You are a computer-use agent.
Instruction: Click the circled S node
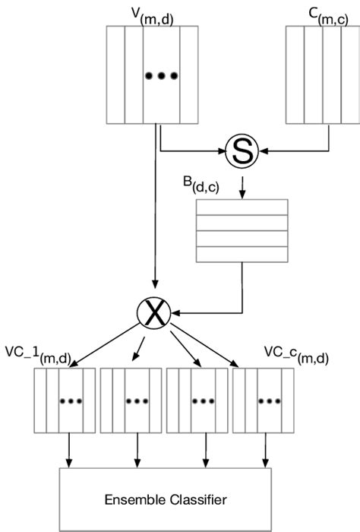[241, 153]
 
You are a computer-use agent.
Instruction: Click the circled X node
[154, 312]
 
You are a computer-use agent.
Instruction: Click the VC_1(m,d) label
[38, 353]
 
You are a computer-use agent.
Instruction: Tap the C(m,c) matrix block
[322, 74]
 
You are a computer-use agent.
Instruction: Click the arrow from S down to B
[241, 182]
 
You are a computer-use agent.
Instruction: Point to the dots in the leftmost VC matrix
[65, 401]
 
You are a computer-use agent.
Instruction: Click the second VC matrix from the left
[131, 401]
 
